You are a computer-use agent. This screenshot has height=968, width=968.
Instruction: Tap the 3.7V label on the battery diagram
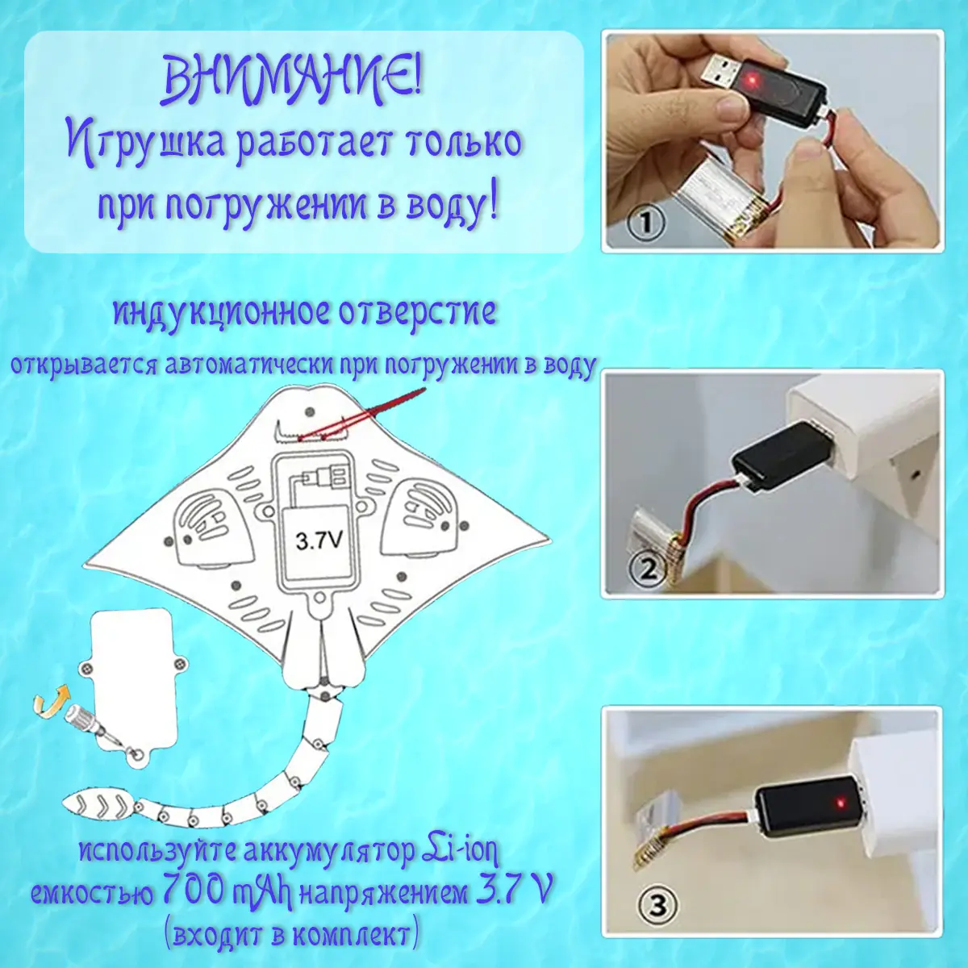pyautogui.click(x=319, y=541)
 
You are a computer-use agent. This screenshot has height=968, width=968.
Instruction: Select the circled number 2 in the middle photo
pyautogui.click(x=648, y=570)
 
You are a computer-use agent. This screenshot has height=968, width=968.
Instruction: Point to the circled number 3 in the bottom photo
pyautogui.click(x=658, y=905)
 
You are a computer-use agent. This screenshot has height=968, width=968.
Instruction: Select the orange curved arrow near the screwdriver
pyautogui.click(x=50, y=698)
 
